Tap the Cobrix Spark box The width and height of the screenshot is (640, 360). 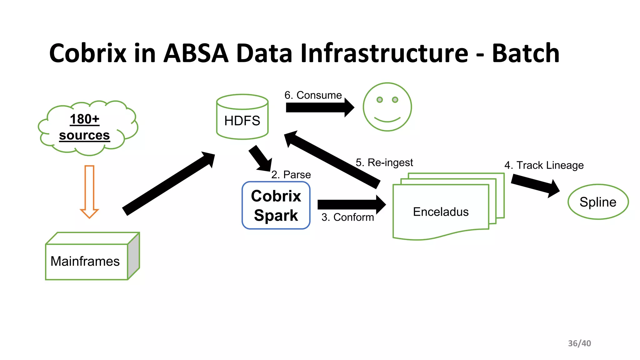tap(276, 205)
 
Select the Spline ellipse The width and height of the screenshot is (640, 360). tap(598, 202)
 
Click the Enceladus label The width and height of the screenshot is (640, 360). tap(441, 212)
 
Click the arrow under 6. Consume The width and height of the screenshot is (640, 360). tap(319, 107)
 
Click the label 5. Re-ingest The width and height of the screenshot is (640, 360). tap(384, 162)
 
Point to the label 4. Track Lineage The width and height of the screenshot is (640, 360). tap(544, 165)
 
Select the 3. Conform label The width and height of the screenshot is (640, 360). tap(347, 217)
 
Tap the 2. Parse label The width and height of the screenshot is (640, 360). tap(291, 175)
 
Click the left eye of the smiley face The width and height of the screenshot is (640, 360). tap(379, 100)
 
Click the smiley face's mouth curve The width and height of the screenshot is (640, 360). tap(387, 120)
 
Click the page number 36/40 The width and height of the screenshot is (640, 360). tap(579, 343)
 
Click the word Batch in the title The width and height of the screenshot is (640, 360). tap(526, 53)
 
